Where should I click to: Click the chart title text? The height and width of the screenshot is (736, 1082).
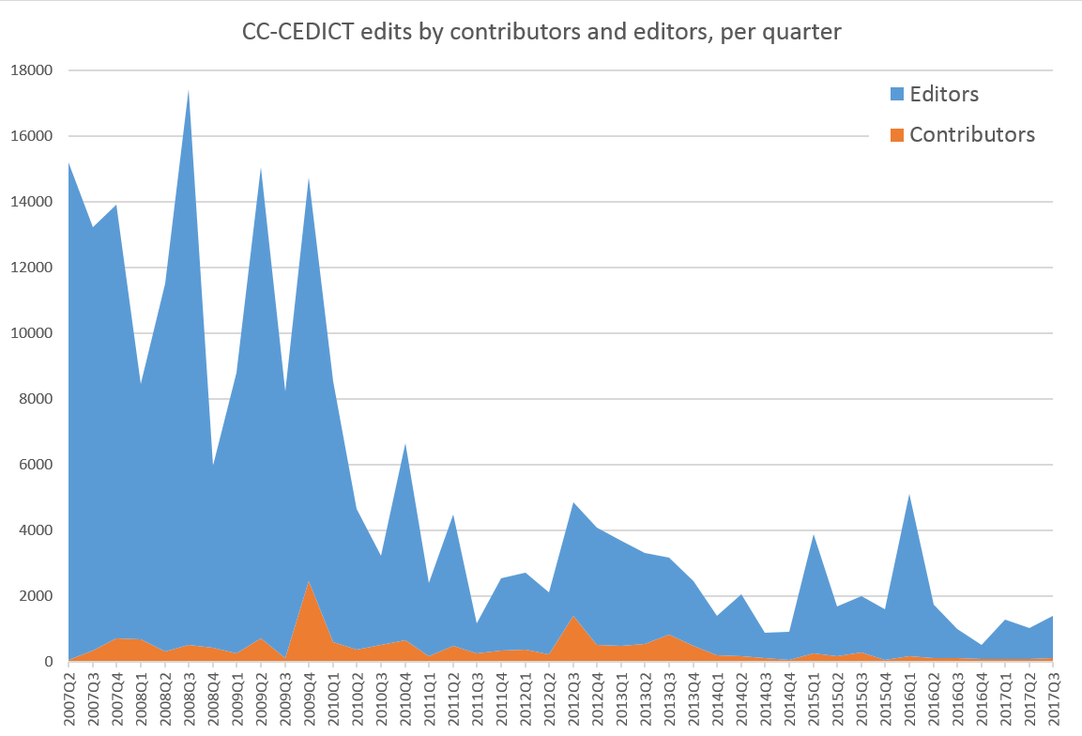[541, 32]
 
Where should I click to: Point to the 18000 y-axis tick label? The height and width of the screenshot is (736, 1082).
[32, 70]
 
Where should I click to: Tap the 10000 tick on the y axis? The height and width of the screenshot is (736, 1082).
[32, 333]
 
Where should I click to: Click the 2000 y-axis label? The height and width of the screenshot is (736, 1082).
[36, 596]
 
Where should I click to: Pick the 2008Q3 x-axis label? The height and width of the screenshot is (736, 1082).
[189, 699]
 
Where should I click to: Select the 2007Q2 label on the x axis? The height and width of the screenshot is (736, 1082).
[69, 699]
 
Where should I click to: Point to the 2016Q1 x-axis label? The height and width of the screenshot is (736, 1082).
[909, 699]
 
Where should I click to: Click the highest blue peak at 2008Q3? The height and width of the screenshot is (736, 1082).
[189, 91]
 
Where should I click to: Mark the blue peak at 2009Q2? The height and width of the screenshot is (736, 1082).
[261, 168]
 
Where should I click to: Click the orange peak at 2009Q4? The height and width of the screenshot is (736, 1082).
[309, 582]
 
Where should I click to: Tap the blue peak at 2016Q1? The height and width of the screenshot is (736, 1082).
[909, 495]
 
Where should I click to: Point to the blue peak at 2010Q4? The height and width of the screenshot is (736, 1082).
[405, 444]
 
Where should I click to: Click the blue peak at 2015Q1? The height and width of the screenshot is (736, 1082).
[814, 535]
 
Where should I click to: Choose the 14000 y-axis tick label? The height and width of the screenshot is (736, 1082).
[32, 202]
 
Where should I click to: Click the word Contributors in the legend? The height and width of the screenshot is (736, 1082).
[972, 134]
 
